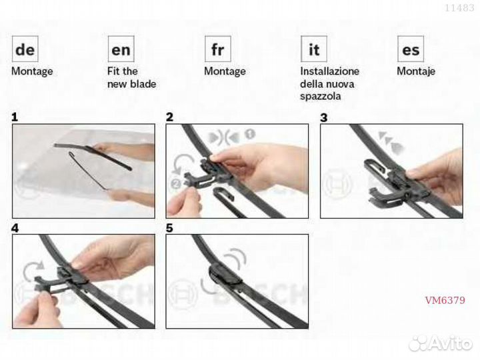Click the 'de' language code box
[x=25, y=49]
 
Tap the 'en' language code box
[x=121, y=49]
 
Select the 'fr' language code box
[x=217, y=49]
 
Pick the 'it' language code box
[x=314, y=49]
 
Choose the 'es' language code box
[x=411, y=49]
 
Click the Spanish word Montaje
[x=416, y=71]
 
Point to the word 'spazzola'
[x=320, y=97]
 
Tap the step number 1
[x=15, y=117]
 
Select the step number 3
[x=323, y=117]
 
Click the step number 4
[x=15, y=228]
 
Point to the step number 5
[x=169, y=228]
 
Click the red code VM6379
[x=445, y=300]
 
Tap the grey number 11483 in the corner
[x=459, y=7]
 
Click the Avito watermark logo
[x=440, y=343]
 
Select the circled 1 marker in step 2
[x=250, y=134]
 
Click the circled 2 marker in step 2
[x=177, y=184]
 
